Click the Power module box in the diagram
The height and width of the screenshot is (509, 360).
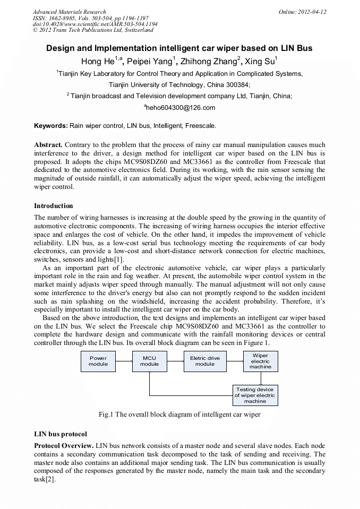coord(98,361)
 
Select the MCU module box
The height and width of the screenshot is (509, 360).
coord(149,361)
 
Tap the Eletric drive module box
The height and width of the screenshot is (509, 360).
coord(205,361)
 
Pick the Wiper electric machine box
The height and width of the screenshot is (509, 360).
coord(260,361)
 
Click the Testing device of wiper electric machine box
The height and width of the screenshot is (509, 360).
coord(255,395)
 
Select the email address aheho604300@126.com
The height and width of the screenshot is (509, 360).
coord(179,108)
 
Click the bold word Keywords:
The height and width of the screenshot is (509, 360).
coord(51,126)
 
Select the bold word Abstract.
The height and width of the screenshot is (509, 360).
coord(48,145)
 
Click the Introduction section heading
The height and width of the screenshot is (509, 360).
coord(53,205)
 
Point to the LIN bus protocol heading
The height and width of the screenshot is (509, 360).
coord(60,434)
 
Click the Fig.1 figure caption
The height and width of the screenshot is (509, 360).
coord(179,414)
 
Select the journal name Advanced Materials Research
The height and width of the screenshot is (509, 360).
coord(69,12)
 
